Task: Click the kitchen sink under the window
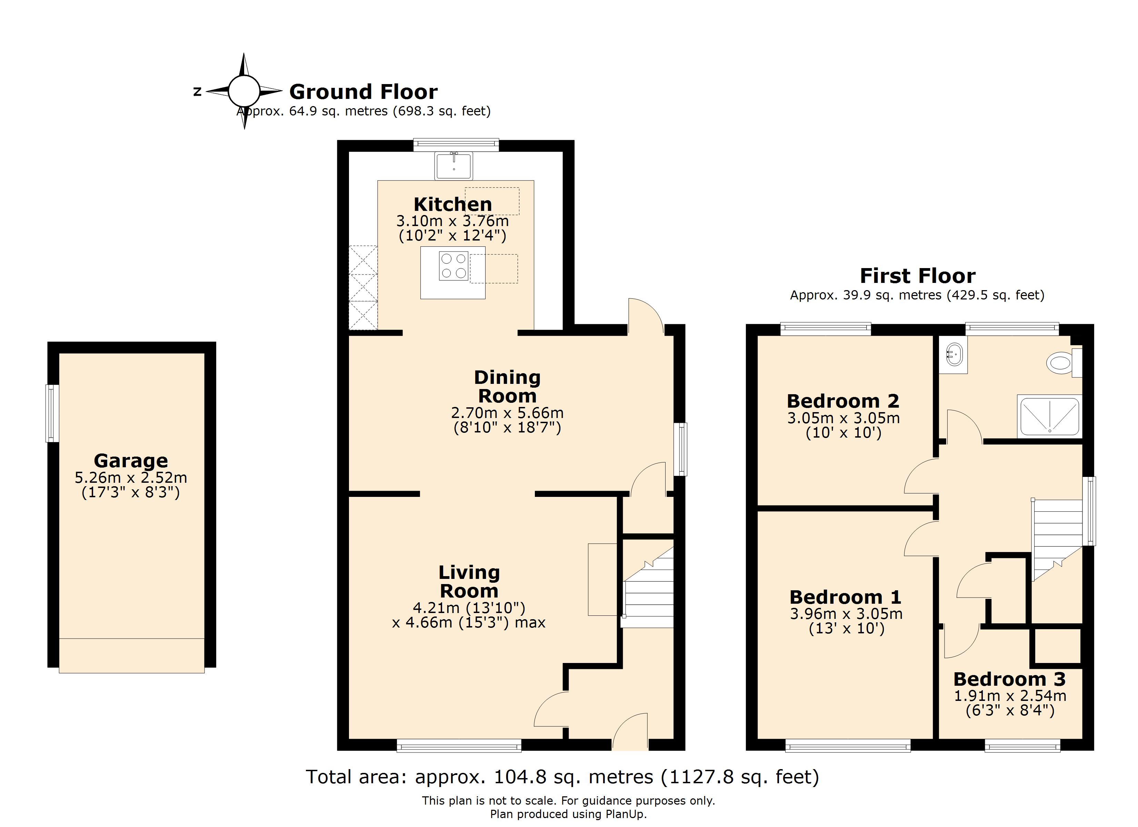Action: tap(453, 166)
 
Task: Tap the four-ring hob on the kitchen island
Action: tap(453, 266)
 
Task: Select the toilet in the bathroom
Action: tap(1060, 363)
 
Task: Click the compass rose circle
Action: tap(244, 91)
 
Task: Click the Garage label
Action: tap(131, 460)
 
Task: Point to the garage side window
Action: tap(52, 413)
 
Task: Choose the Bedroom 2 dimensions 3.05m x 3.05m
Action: tap(843, 418)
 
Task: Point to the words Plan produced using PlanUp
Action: tap(568, 814)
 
